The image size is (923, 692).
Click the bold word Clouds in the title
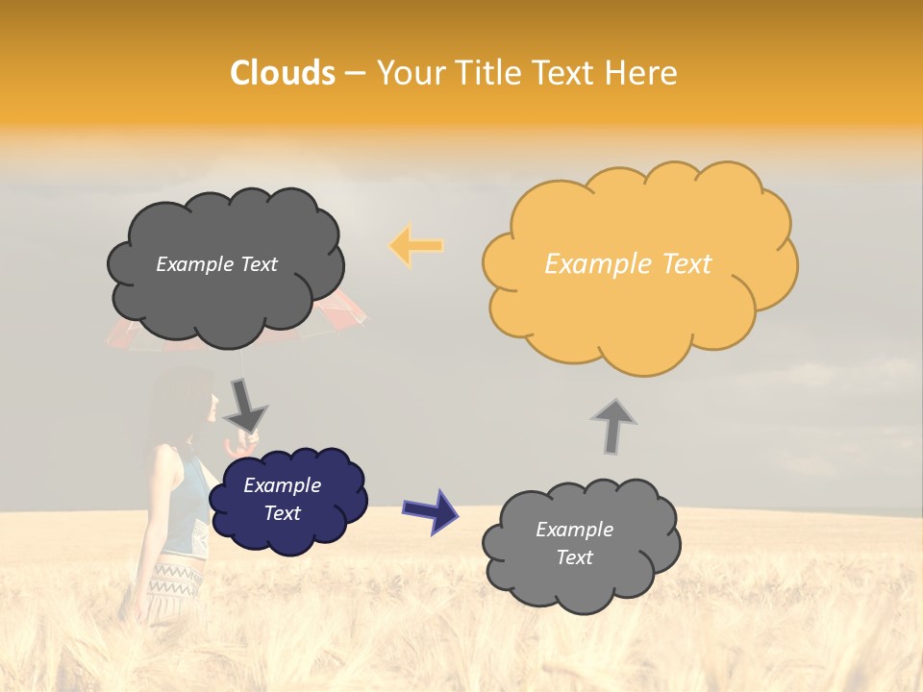coord(283,73)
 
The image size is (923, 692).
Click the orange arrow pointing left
coord(416,246)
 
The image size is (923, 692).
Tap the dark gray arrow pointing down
coord(245,404)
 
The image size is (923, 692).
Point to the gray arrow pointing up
coord(612,426)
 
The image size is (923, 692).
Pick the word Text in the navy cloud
coord(282,513)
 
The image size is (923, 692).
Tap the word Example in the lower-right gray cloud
coord(574,530)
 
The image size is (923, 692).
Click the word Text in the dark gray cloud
coord(257,264)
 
